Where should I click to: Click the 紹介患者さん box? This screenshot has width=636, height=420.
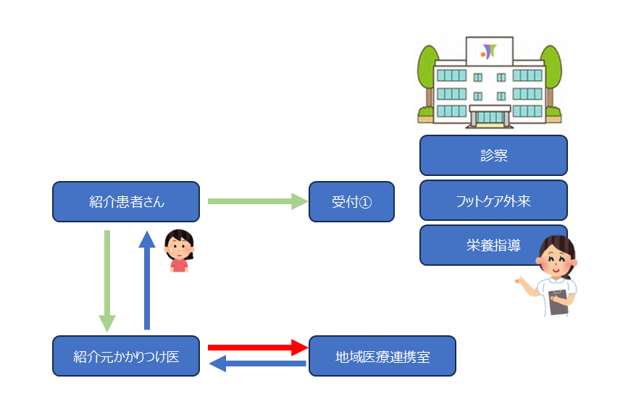[126, 201]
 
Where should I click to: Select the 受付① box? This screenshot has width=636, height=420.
[351, 201]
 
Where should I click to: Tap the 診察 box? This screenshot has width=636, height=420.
[493, 156]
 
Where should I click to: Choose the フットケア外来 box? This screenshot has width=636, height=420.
[493, 201]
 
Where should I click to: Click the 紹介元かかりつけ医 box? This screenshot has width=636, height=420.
[126, 356]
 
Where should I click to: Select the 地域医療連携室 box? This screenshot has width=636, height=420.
[382, 356]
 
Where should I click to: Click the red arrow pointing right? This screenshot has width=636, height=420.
[257, 348]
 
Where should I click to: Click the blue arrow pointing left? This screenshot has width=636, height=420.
[257, 364]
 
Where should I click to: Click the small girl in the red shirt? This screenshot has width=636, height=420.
[178, 251]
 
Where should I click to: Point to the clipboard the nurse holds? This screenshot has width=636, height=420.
[558, 301]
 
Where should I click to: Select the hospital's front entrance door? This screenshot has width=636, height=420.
[489, 116]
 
